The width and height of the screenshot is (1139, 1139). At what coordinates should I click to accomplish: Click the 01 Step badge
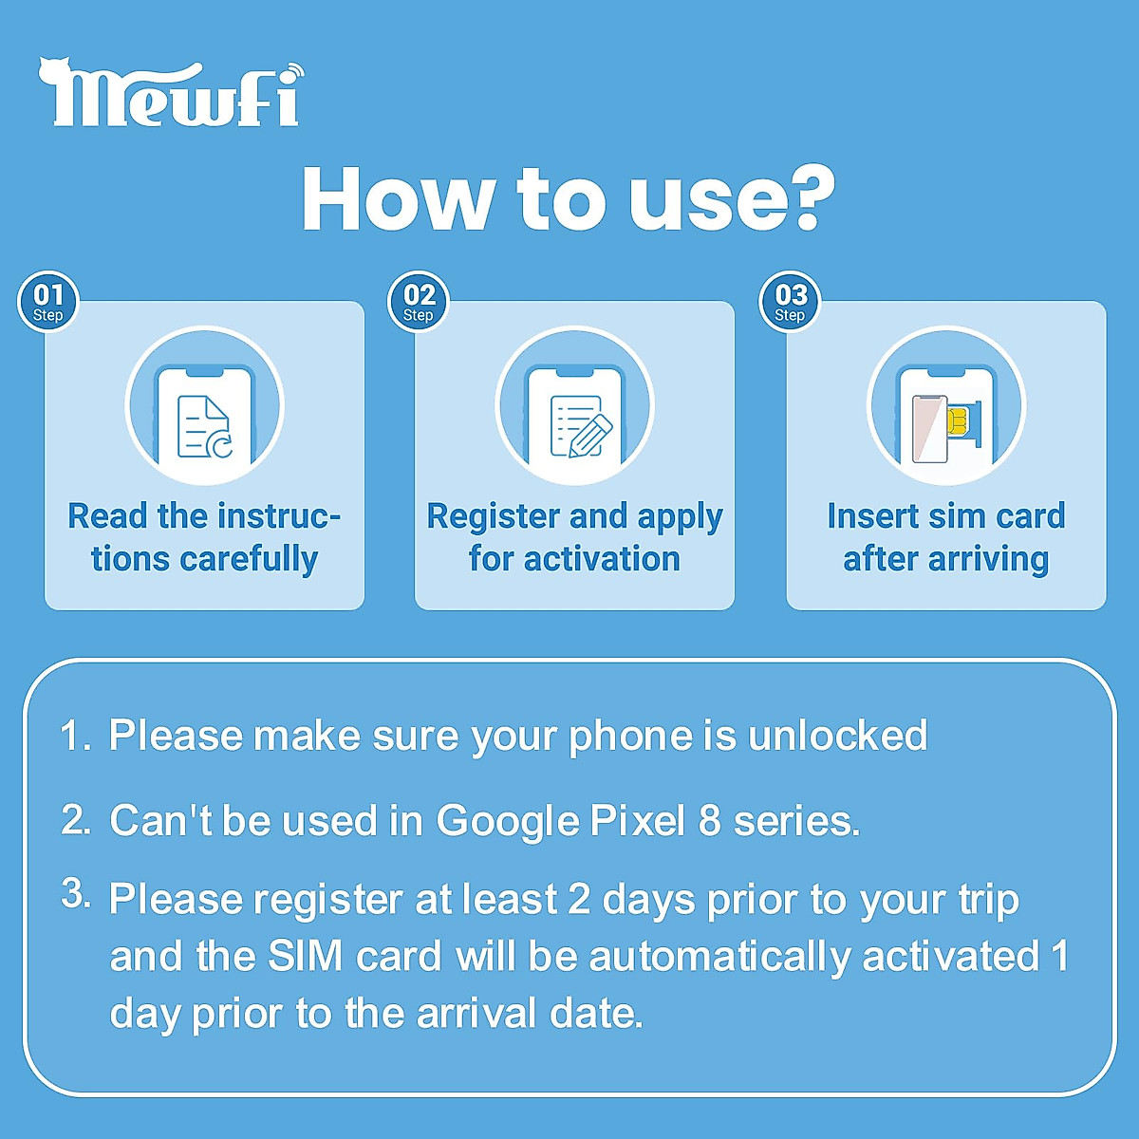click(47, 302)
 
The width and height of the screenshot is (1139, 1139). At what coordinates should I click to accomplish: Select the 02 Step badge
click(419, 302)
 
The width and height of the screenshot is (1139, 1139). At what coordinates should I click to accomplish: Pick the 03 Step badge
click(790, 302)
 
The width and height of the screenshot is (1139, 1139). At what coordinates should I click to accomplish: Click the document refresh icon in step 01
click(205, 426)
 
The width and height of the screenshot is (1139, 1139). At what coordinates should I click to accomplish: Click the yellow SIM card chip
click(958, 420)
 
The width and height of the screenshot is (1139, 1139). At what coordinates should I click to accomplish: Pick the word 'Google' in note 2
click(508, 821)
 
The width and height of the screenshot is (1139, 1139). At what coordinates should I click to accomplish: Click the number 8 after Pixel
click(710, 821)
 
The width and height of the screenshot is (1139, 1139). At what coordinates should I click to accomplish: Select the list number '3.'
click(75, 894)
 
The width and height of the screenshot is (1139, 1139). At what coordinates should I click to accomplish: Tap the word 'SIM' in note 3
click(305, 956)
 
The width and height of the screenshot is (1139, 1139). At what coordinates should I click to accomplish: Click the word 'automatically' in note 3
click(719, 956)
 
